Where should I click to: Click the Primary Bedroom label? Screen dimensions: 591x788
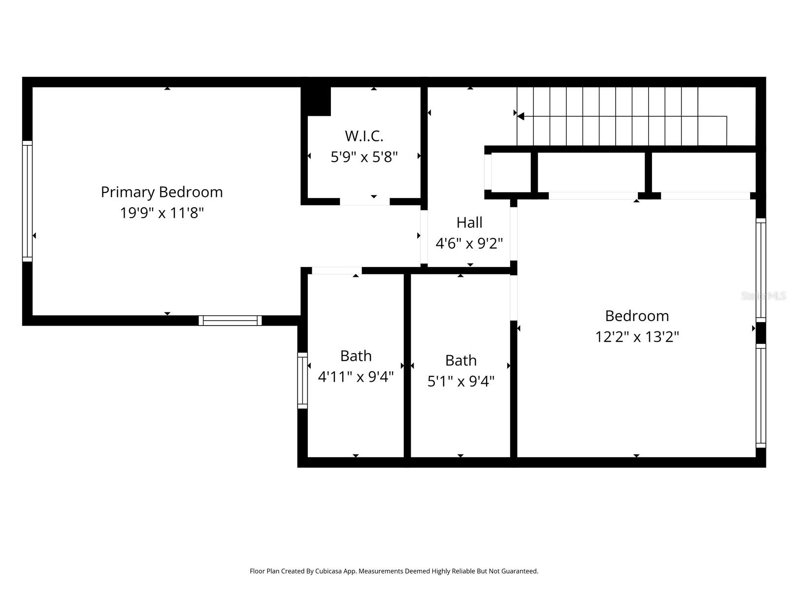162,192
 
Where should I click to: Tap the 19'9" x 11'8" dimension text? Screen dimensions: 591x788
162,213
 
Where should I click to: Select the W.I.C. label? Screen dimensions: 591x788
364,136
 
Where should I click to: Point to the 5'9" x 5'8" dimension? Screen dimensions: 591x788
364,157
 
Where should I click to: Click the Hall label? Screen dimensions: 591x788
469,223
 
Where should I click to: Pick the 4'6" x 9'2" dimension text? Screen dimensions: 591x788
469,243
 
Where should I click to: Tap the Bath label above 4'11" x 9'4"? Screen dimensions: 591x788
356,356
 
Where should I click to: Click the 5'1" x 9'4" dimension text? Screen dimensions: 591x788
460,381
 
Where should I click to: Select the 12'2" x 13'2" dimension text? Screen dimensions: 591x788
637,337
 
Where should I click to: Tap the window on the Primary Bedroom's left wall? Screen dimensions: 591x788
27,201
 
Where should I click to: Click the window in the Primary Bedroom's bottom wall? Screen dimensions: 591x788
230,321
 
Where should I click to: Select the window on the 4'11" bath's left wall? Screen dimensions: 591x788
302,380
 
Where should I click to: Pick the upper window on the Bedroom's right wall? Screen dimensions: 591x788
761,270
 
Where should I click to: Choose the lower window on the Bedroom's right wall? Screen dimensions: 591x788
761,395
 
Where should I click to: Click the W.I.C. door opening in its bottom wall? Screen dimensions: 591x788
364,201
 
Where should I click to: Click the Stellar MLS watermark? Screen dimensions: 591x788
764,296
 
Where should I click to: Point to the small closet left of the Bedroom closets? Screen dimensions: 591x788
511,172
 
